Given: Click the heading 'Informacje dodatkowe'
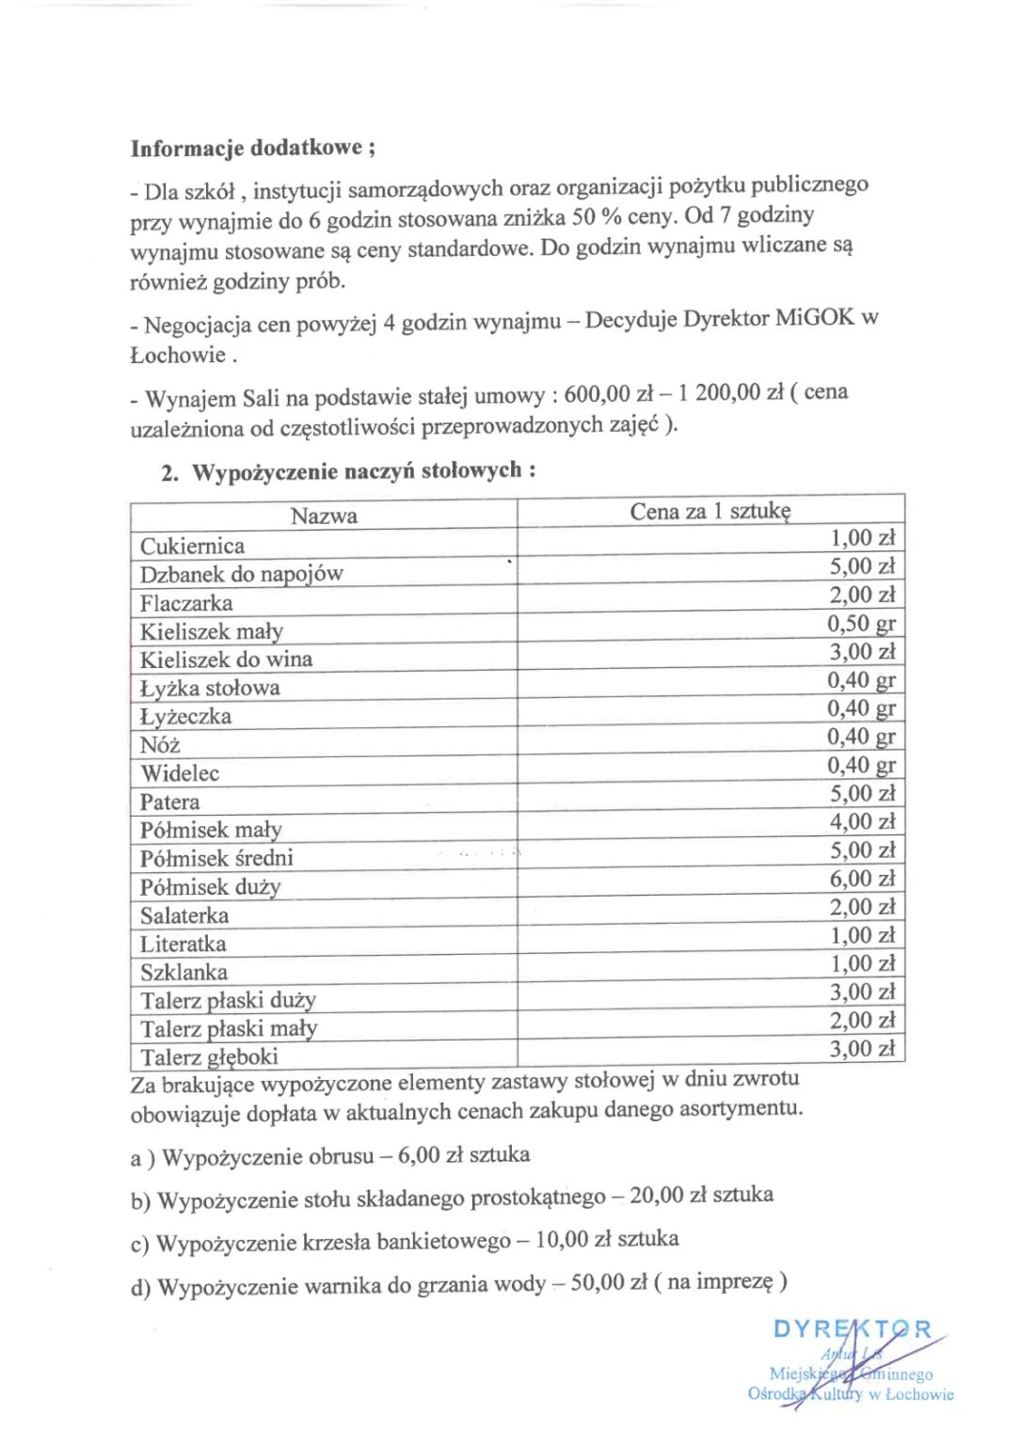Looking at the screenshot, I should pos(248,149).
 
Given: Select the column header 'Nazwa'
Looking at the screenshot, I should pos(324,516).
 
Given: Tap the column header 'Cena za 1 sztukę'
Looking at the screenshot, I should pos(710,511).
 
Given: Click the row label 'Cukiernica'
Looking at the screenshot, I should pos(192,546).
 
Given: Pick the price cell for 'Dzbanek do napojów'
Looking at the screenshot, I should pos(861,566).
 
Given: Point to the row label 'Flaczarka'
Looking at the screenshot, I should pos(186,603).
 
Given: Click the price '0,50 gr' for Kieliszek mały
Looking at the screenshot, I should pos(861,623).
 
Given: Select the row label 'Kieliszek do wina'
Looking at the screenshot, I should pos(226,659).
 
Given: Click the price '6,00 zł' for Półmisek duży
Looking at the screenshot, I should pos(861,879).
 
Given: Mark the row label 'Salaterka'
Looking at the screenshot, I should pos(184,915).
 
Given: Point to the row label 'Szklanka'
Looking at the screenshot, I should pos(184,973).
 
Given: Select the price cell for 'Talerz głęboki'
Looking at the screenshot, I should pos(861,1049).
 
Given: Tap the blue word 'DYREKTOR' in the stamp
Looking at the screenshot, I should pos(852,1329).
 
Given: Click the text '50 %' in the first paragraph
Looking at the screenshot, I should pos(597,217).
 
